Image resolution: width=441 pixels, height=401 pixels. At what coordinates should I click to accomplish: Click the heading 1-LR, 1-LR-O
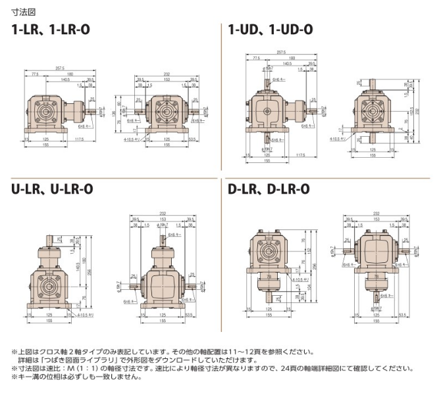click(x=53, y=30)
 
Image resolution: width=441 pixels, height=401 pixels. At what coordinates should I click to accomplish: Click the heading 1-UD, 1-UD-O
click(x=270, y=30)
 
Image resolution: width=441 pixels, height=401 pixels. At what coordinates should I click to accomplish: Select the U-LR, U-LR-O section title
click(x=52, y=189)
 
